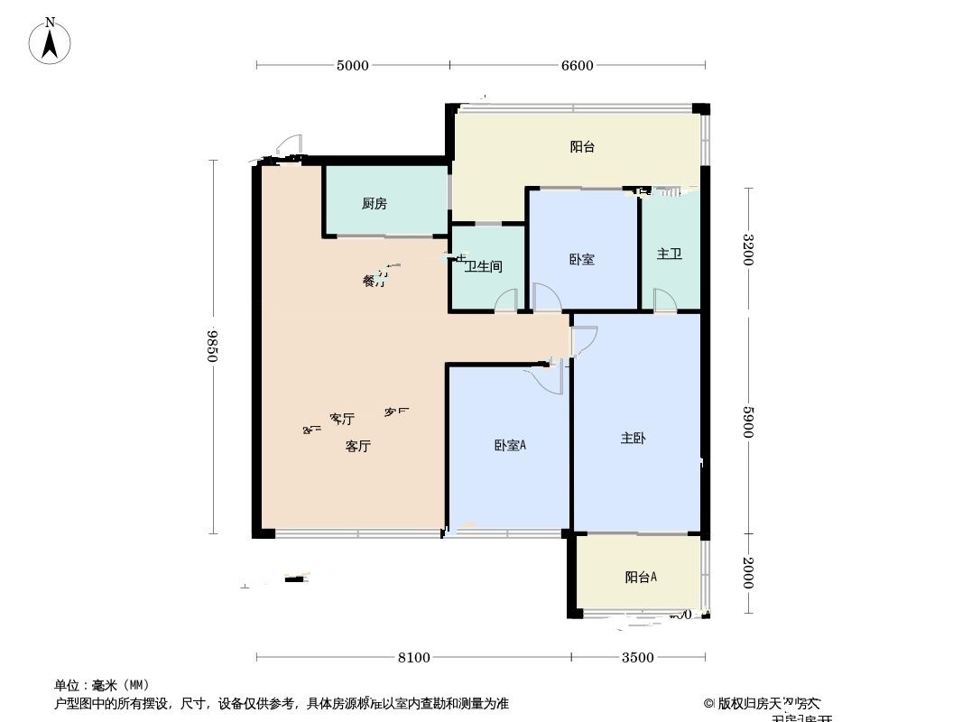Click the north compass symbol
pyautogui.click(x=51, y=42)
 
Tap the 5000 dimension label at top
pyautogui.click(x=352, y=65)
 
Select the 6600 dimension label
pyautogui.click(x=578, y=65)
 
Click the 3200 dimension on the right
pyautogui.click(x=747, y=250)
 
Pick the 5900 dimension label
pyautogui.click(x=747, y=421)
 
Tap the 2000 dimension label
pyautogui.click(x=747, y=573)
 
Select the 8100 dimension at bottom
pyautogui.click(x=413, y=657)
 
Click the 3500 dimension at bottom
pyautogui.click(x=637, y=657)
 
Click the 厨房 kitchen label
pyautogui.click(x=375, y=204)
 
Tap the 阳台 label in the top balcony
pyautogui.click(x=582, y=147)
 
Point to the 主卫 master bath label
pyautogui.click(x=669, y=254)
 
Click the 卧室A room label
pyautogui.click(x=510, y=445)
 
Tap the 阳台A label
pyautogui.click(x=641, y=578)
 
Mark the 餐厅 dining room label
pyautogui.click(x=374, y=281)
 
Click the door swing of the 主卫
pyautogui.click(x=664, y=301)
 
